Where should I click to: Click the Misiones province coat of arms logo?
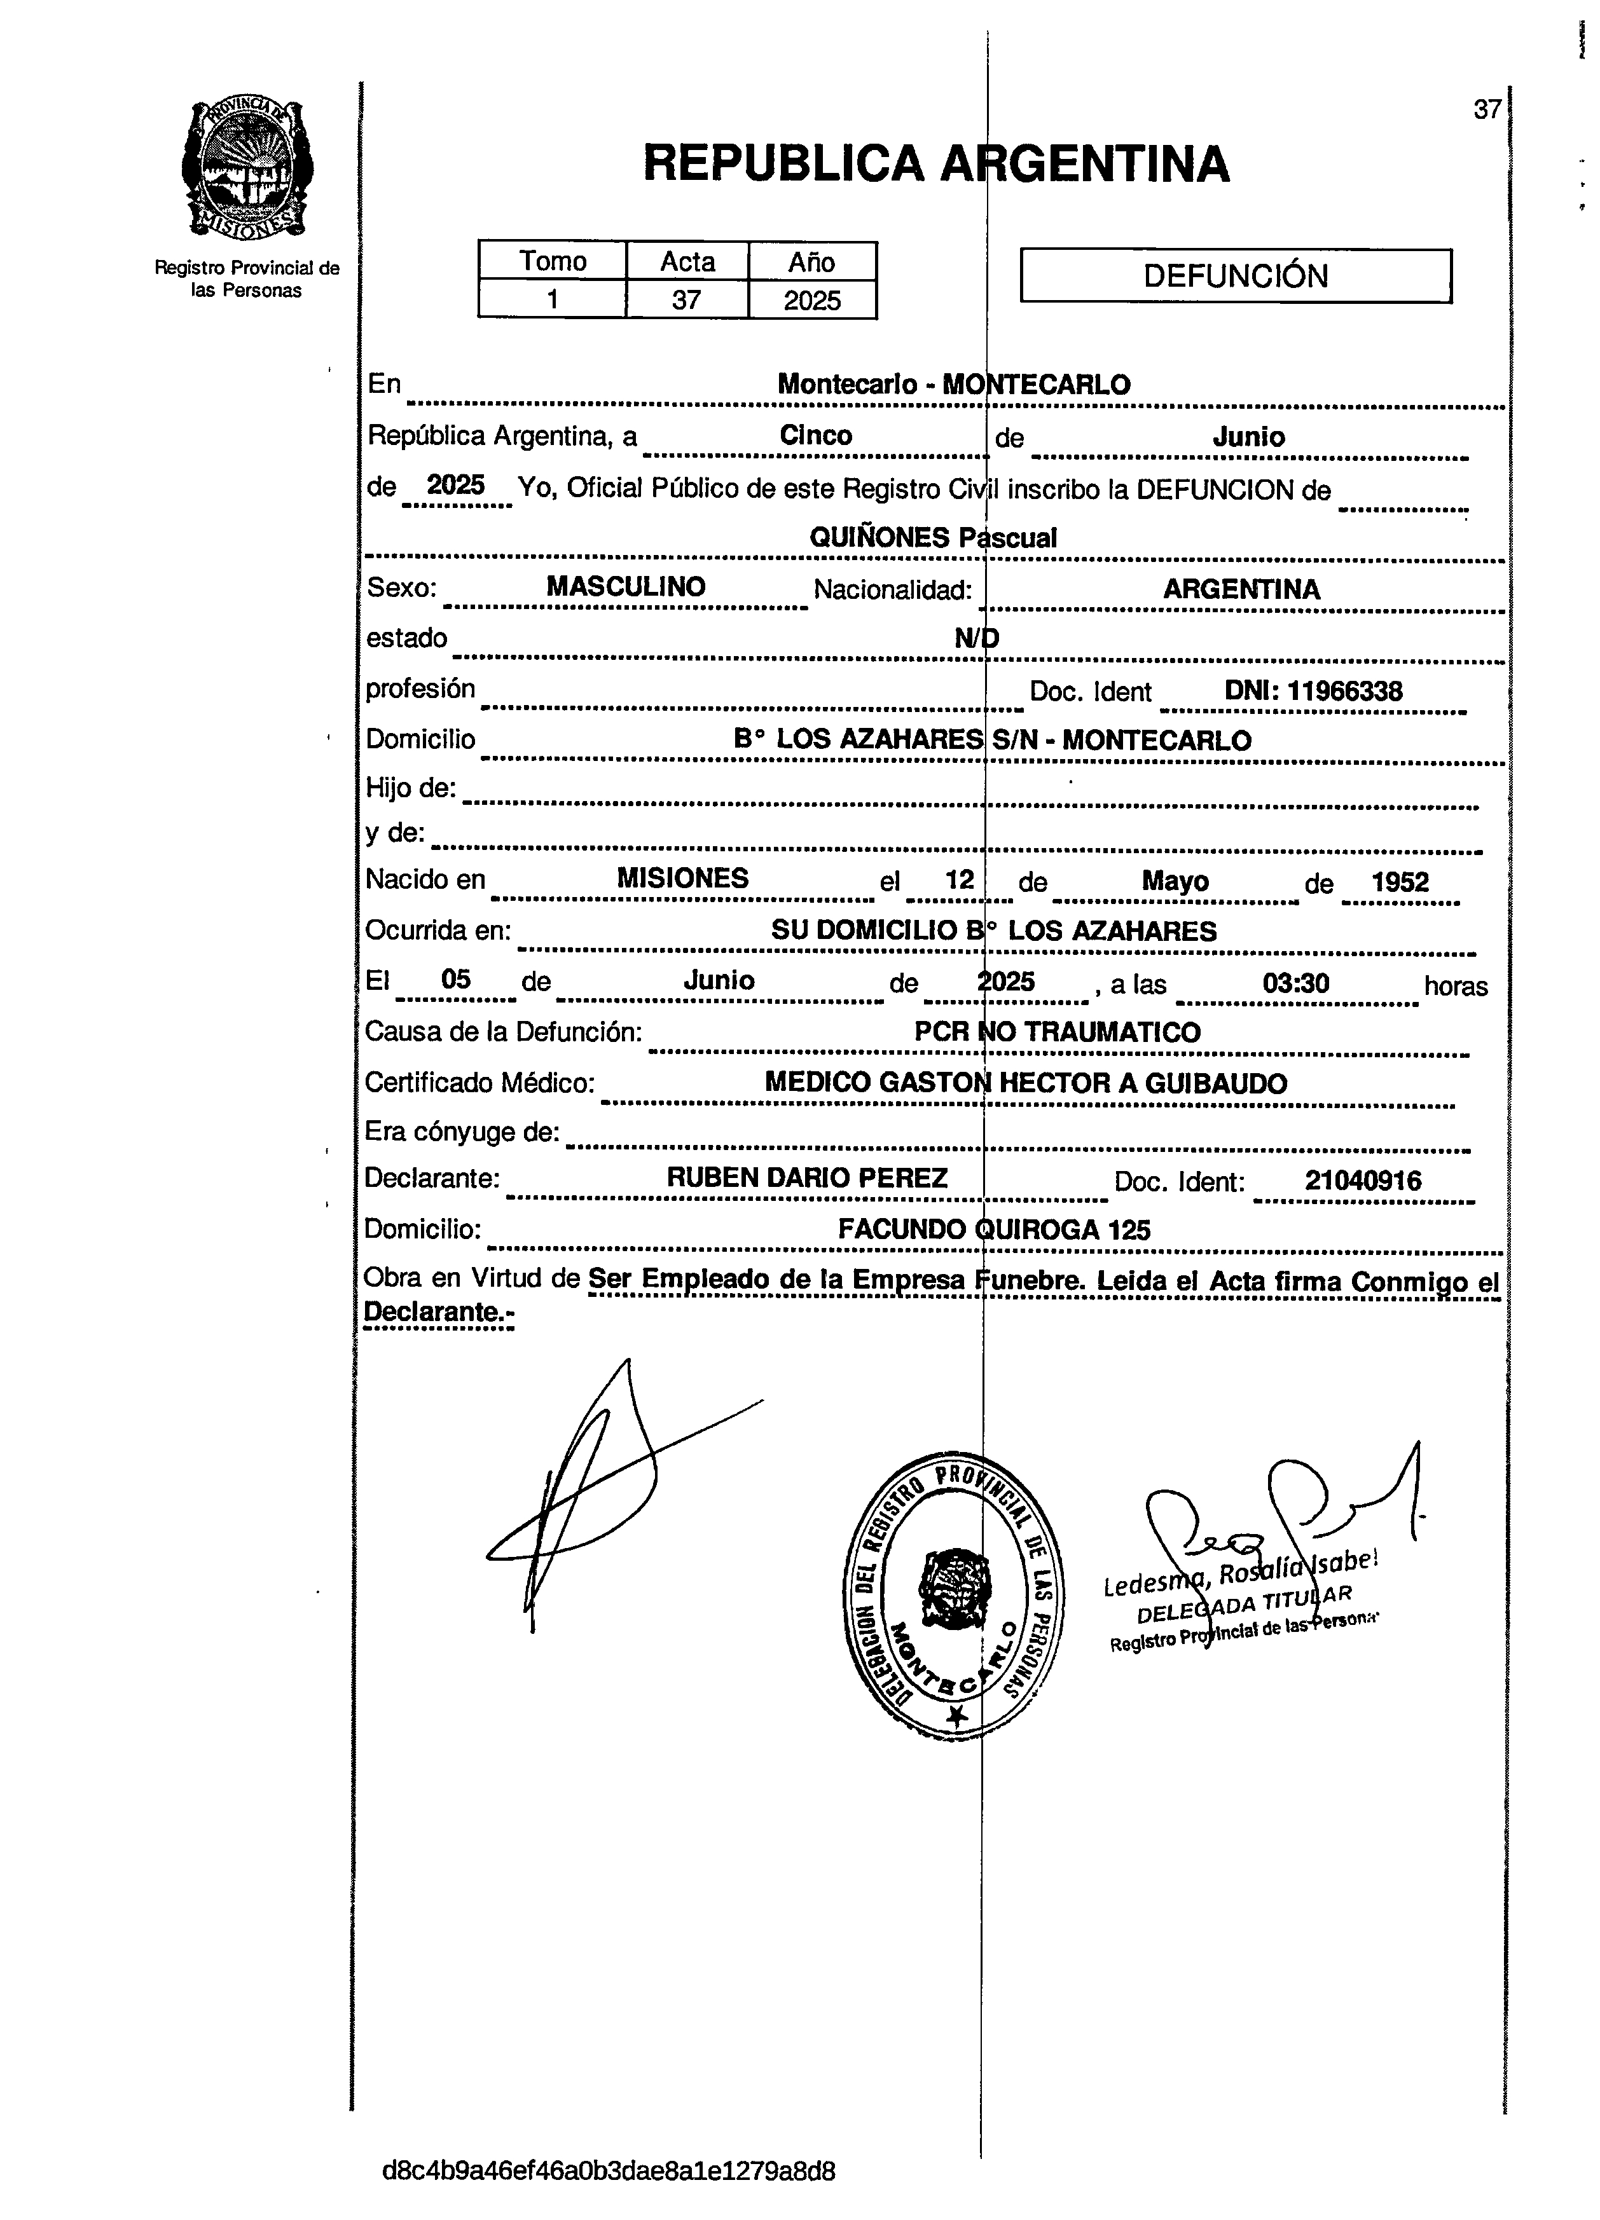click(x=248, y=168)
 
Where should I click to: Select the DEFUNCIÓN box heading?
click(x=1236, y=276)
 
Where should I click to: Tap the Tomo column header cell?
click(x=552, y=261)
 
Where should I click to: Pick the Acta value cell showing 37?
click(x=686, y=299)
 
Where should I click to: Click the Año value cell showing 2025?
click(x=811, y=299)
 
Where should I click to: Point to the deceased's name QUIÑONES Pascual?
click(x=932, y=537)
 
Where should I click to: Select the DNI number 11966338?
click(x=1313, y=691)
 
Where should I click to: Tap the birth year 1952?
click(x=1399, y=882)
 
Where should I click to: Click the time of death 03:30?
click(x=1295, y=983)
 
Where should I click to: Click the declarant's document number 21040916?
click(x=1362, y=1181)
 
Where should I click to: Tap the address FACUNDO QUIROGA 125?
click(x=994, y=1230)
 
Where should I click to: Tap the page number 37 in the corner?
click(x=1486, y=109)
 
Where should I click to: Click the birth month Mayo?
click(x=1175, y=881)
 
